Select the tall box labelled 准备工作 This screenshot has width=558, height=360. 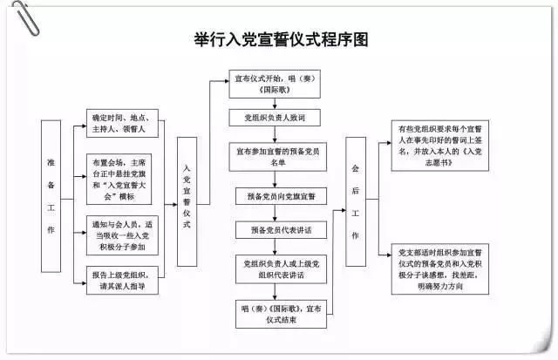(x=51, y=196)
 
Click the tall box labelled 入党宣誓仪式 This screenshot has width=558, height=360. (x=187, y=201)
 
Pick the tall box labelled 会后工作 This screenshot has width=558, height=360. (x=355, y=201)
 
